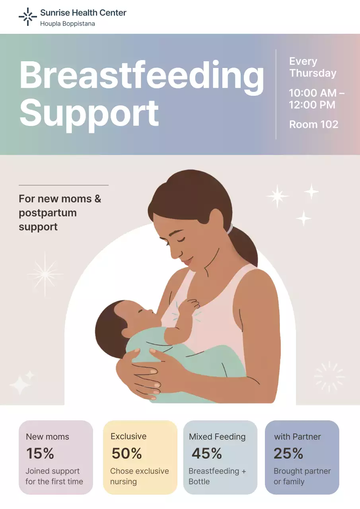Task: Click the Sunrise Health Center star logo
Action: click(27, 17)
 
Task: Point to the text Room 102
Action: click(313, 124)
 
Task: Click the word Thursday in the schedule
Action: click(313, 73)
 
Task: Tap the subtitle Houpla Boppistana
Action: click(67, 24)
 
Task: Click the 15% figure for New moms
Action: click(40, 453)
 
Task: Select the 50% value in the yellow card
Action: click(126, 453)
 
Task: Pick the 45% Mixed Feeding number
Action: click(206, 453)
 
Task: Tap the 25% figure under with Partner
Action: click(288, 453)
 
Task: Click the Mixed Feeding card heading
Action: click(217, 437)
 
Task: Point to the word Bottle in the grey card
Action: click(199, 482)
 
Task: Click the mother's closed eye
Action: click(180, 240)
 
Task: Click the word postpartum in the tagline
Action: click(48, 213)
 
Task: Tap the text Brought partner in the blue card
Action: click(302, 471)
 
